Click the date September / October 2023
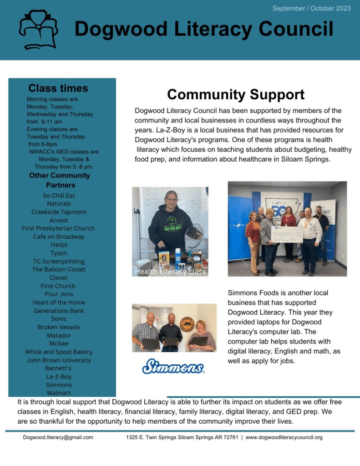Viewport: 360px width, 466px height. [x=311, y=8]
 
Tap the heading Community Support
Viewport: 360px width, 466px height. [x=236, y=95]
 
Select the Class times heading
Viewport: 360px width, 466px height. [x=58, y=88]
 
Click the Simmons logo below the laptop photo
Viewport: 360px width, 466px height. [x=173, y=366]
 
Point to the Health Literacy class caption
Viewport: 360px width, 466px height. [x=170, y=271]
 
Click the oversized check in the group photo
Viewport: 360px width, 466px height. [x=287, y=234]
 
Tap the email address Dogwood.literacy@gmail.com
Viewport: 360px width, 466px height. [x=58, y=437]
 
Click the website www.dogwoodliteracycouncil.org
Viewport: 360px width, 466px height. [x=284, y=437]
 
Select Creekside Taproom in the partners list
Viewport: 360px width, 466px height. [x=59, y=212]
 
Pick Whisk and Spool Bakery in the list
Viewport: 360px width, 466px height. [x=59, y=352]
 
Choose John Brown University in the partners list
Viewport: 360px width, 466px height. [x=59, y=360]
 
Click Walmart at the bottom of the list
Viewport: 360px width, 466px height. [x=59, y=393]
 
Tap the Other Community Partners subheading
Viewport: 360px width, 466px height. [x=60, y=180]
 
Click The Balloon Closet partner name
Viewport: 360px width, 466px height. [x=59, y=269]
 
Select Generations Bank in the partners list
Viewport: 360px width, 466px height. [x=59, y=311]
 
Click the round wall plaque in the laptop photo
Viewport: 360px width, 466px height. [x=187, y=324]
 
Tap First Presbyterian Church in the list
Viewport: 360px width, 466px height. [x=58, y=228]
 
